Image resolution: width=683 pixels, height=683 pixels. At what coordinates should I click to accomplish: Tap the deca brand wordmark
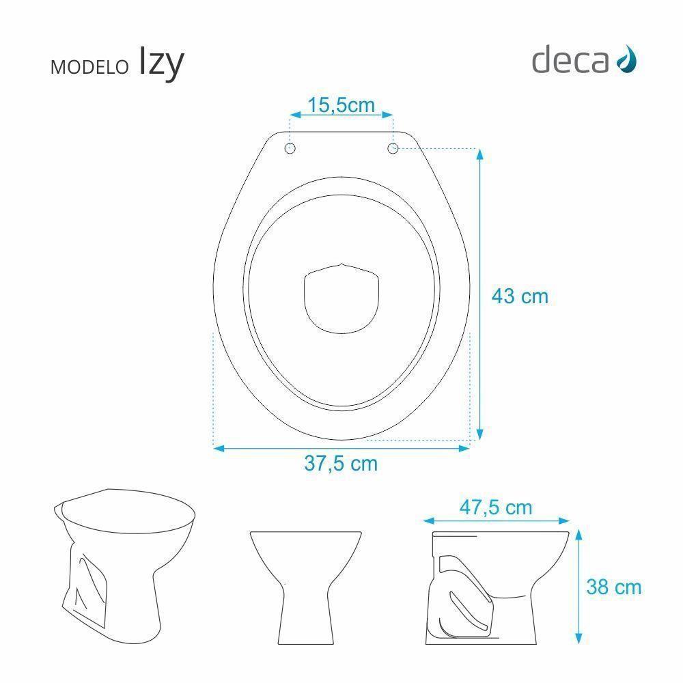click(x=570, y=61)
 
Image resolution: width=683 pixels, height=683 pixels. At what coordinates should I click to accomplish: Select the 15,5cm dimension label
click(x=341, y=105)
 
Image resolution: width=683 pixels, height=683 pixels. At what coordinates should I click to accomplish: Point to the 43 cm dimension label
click(x=520, y=296)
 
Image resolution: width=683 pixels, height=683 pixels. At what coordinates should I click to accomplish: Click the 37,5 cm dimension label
click(x=341, y=463)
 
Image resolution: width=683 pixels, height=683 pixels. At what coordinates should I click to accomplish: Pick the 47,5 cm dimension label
click(x=496, y=507)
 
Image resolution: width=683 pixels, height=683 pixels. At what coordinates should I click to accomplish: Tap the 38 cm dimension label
click(x=614, y=586)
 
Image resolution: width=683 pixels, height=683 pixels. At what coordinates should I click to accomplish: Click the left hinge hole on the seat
click(x=290, y=148)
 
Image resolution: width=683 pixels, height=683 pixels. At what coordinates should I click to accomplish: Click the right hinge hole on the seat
click(x=393, y=148)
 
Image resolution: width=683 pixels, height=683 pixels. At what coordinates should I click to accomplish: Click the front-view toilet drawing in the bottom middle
click(x=305, y=584)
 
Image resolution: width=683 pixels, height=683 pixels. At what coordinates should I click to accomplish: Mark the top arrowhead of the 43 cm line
click(x=479, y=154)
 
